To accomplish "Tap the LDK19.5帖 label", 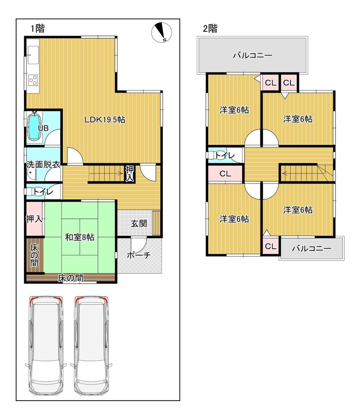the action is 105,120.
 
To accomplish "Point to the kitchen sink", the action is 33,55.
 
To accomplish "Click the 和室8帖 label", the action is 80,237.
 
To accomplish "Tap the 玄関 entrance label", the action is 139,223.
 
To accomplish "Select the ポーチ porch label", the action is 139,255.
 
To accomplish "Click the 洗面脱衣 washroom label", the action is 43,164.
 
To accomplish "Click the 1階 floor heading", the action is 37,28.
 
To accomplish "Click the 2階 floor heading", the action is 210,28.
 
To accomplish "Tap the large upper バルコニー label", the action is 253,55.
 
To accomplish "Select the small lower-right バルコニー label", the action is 311,248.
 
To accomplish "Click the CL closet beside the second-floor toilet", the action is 225,173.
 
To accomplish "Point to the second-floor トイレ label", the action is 225,155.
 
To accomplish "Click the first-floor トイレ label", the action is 43,191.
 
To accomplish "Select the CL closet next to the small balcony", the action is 270,246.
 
